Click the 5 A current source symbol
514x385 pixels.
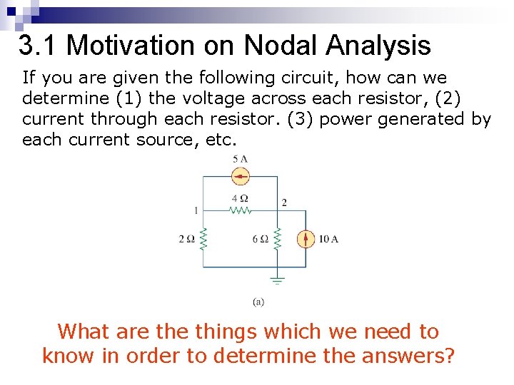pyautogui.click(x=241, y=175)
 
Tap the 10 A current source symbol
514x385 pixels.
pyautogui.click(x=306, y=239)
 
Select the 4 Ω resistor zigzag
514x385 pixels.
pyautogui.click(x=241, y=210)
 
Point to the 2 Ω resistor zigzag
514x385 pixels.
pyautogui.click(x=203, y=239)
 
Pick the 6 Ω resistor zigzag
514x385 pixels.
pyautogui.click(x=278, y=239)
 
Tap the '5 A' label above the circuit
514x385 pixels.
pyautogui.click(x=241, y=159)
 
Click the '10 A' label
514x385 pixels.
pyautogui.click(x=328, y=239)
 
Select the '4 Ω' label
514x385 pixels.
pyautogui.click(x=241, y=198)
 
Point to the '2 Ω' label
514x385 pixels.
pyautogui.click(x=186, y=239)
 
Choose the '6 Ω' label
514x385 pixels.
pyautogui.click(x=260, y=239)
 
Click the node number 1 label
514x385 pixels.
pyautogui.click(x=196, y=210)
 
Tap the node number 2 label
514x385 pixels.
pyautogui.click(x=284, y=202)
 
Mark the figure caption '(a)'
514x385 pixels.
pyautogui.click(x=258, y=302)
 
